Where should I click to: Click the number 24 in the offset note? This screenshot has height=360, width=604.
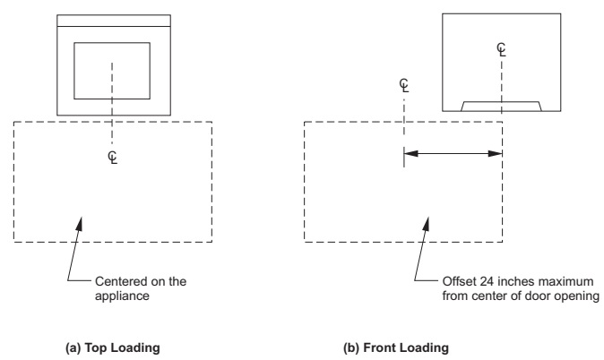[x=483, y=280]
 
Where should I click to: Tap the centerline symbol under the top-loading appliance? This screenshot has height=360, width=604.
[x=112, y=157]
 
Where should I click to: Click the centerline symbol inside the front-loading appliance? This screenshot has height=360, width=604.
[x=501, y=49]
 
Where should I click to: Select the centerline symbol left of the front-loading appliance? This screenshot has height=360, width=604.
[x=405, y=86]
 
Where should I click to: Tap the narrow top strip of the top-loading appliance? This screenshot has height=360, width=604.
[x=112, y=20]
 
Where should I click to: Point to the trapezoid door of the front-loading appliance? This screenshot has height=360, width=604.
[x=501, y=106]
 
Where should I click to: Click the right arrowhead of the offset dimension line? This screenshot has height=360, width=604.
[x=496, y=154]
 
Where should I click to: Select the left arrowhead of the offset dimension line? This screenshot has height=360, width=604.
[x=411, y=154]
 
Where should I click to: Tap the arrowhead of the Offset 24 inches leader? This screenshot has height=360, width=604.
[x=424, y=219]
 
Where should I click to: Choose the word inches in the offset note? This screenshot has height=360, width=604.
[x=506, y=280]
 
